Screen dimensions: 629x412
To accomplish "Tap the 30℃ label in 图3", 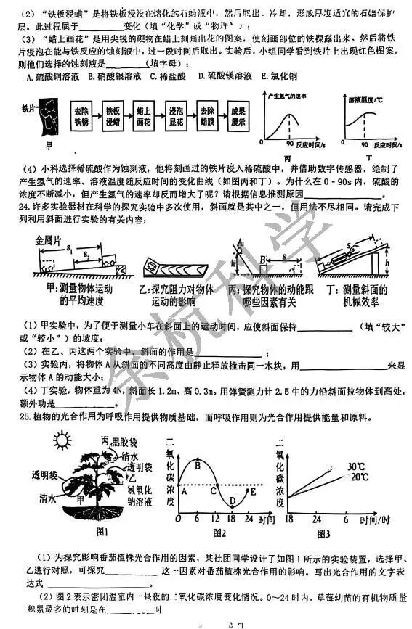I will (x=356, y=466).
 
